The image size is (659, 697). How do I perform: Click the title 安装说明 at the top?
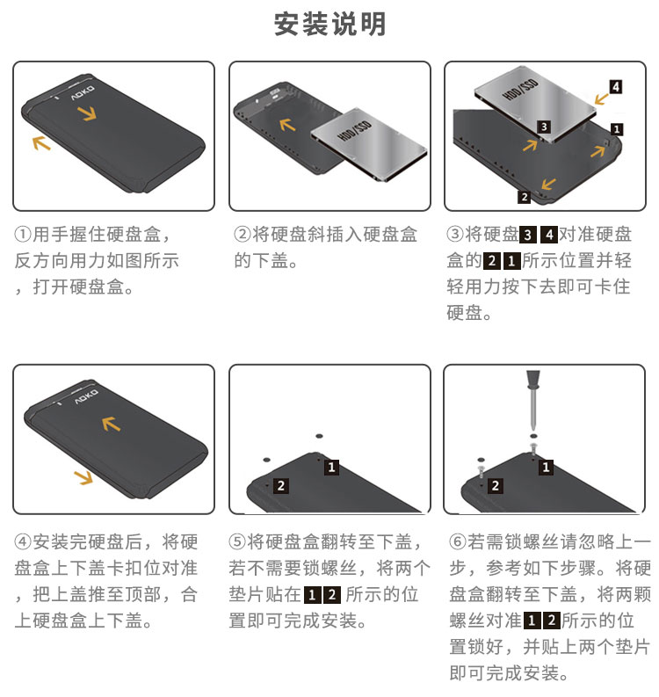pyautogui.click(x=329, y=25)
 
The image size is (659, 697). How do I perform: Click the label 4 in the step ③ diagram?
pyautogui.click(x=616, y=86)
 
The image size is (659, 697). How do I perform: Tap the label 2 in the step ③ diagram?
pyautogui.click(x=525, y=196)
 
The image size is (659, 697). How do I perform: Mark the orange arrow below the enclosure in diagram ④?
pyautogui.click(x=83, y=477)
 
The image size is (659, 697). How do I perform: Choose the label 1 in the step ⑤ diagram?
pyautogui.click(x=331, y=467)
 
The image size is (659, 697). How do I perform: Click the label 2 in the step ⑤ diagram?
pyautogui.click(x=280, y=485)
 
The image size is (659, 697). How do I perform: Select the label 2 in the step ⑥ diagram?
pyautogui.click(x=496, y=485)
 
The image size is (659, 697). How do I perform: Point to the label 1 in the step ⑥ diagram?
pyautogui.click(x=547, y=467)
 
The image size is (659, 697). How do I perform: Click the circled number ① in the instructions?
pyautogui.click(x=24, y=236)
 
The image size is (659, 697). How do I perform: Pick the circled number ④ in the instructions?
pyautogui.click(x=24, y=541)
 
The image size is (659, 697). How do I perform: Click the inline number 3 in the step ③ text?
pyautogui.click(x=527, y=236)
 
